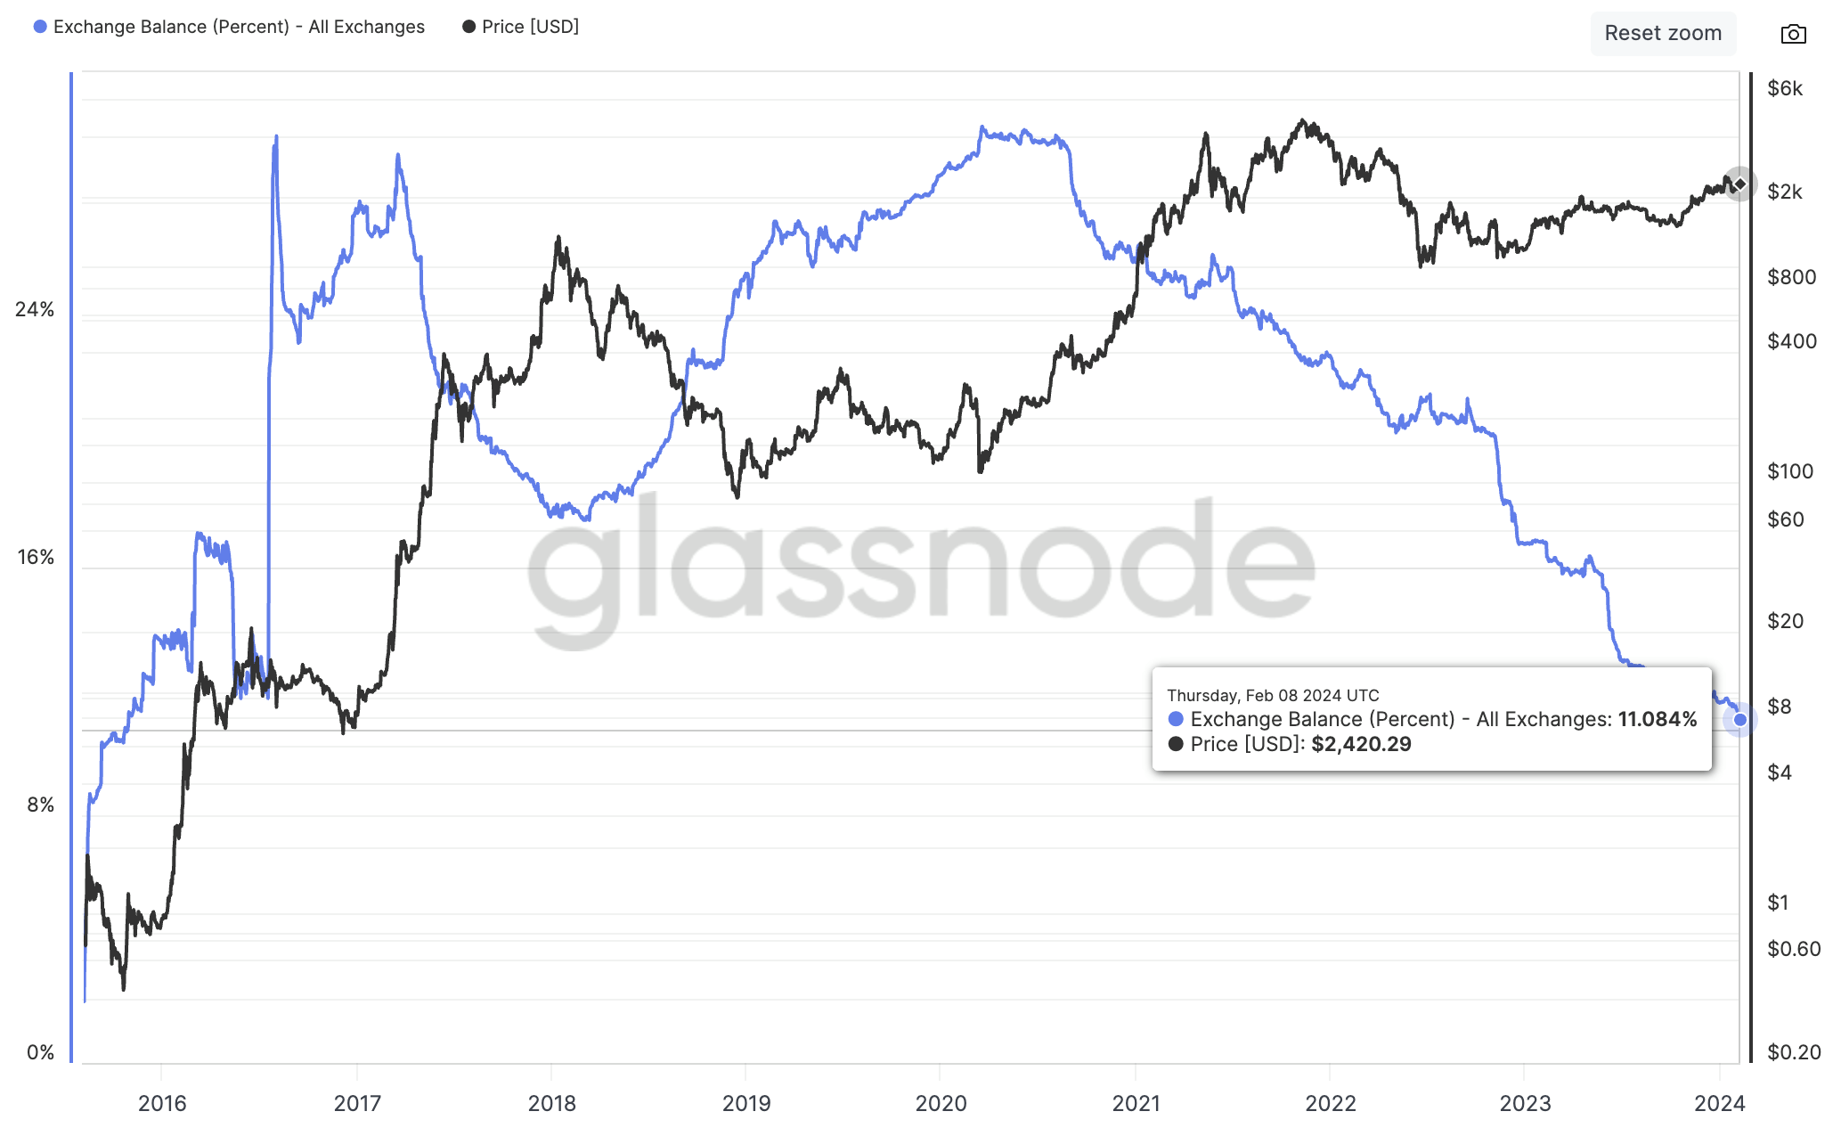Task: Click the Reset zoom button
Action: (x=1662, y=34)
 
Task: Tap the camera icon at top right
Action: (x=1793, y=34)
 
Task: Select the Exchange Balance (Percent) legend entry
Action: (x=229, y=27)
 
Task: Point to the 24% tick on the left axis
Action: (x=35, y=309)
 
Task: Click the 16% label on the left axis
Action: (x=36, y=557)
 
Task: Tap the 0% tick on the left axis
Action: (x=40, y=1052)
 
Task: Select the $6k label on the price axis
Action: (x=1785, y=88)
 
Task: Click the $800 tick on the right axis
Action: (x=1791, y=277)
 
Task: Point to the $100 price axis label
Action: (x=1790, y=471)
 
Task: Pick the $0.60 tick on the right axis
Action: (x=1794, y=949)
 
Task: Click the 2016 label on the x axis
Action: (x=162, y=1103)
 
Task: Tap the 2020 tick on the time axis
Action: (x=941, y=1103)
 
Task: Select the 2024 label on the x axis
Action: (x=1719, y=1103)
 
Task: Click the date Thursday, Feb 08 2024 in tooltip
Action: (x=1273, y=695)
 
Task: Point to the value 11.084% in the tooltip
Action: (x=1657, y=719)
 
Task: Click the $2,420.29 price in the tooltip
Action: (x=1361, y=744)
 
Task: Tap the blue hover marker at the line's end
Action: (x=1739, y=720)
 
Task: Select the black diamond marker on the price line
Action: (x=1739, y=184)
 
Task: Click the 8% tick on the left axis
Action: (x=40, y=805)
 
